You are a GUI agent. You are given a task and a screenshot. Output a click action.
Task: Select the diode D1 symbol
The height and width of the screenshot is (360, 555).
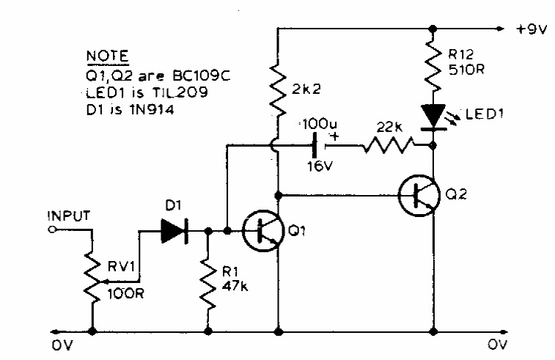tap(174, 231)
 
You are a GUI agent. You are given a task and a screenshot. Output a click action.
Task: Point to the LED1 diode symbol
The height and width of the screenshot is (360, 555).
tap(433, 114)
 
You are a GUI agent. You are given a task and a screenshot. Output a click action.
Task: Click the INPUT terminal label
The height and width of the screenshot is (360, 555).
tap(67, 216)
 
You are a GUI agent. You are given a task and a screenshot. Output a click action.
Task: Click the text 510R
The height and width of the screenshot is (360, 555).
tap(466, 70)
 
